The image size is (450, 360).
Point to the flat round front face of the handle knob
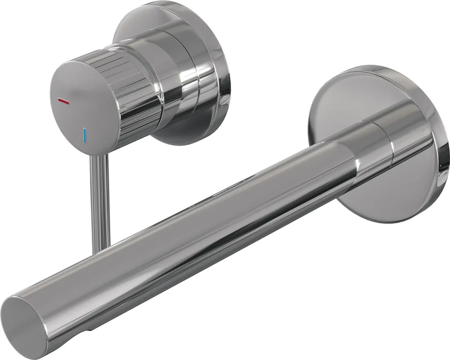(75, 101)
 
